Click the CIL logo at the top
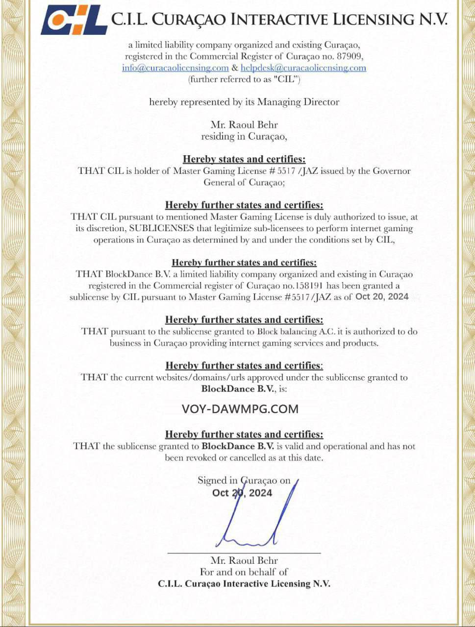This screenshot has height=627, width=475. (74, 20)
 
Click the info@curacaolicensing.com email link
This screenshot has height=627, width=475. (175, 68)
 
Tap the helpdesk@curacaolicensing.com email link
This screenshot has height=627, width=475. (303, 68)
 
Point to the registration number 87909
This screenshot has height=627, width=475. (351, 57)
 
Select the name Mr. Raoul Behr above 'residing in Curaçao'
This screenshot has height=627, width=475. (244, 125)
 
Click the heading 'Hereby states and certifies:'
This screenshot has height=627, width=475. (244, 159)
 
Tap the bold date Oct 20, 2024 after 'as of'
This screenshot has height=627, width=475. (381, 296)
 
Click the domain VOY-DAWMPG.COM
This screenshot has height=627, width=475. (240, 409)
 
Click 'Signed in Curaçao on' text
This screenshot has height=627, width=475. (244, 481)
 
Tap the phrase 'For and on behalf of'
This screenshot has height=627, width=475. (244, 572)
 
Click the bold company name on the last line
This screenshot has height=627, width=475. (244, 584)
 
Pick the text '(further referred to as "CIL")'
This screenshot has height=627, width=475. (244, 79)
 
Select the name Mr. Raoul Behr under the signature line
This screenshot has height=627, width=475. (244, 560)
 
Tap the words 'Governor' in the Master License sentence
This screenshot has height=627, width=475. (391, 171)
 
